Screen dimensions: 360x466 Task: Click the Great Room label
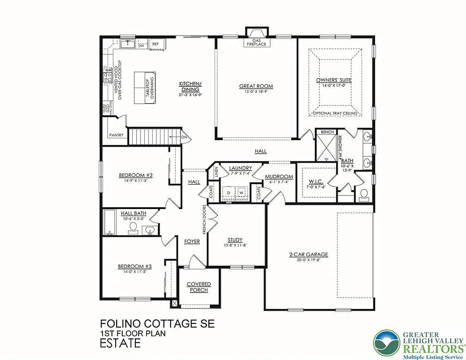256,86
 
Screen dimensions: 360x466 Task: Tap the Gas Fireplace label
256,43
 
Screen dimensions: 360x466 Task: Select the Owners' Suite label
333,80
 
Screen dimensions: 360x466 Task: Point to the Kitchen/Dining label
190,87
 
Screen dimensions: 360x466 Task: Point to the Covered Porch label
199,287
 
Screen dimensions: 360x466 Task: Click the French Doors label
205,219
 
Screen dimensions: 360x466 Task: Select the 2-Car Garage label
308,255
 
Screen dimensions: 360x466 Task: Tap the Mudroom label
279,177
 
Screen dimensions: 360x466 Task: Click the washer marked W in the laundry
241,193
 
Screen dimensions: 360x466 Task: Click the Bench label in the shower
327,132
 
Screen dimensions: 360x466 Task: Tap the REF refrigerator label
155,44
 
